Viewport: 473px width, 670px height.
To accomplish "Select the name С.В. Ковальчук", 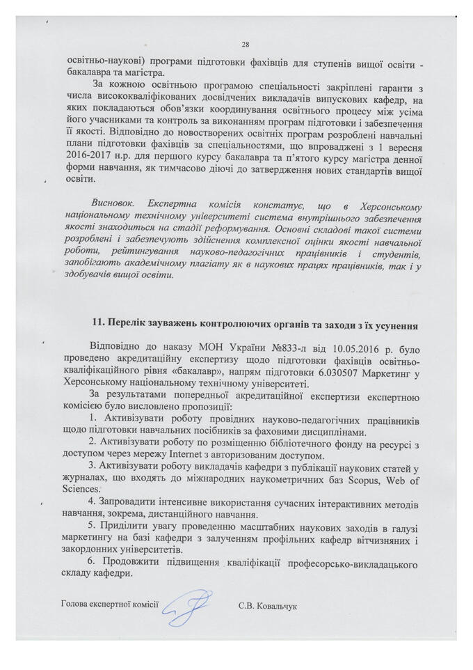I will click(x=267, y=608).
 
